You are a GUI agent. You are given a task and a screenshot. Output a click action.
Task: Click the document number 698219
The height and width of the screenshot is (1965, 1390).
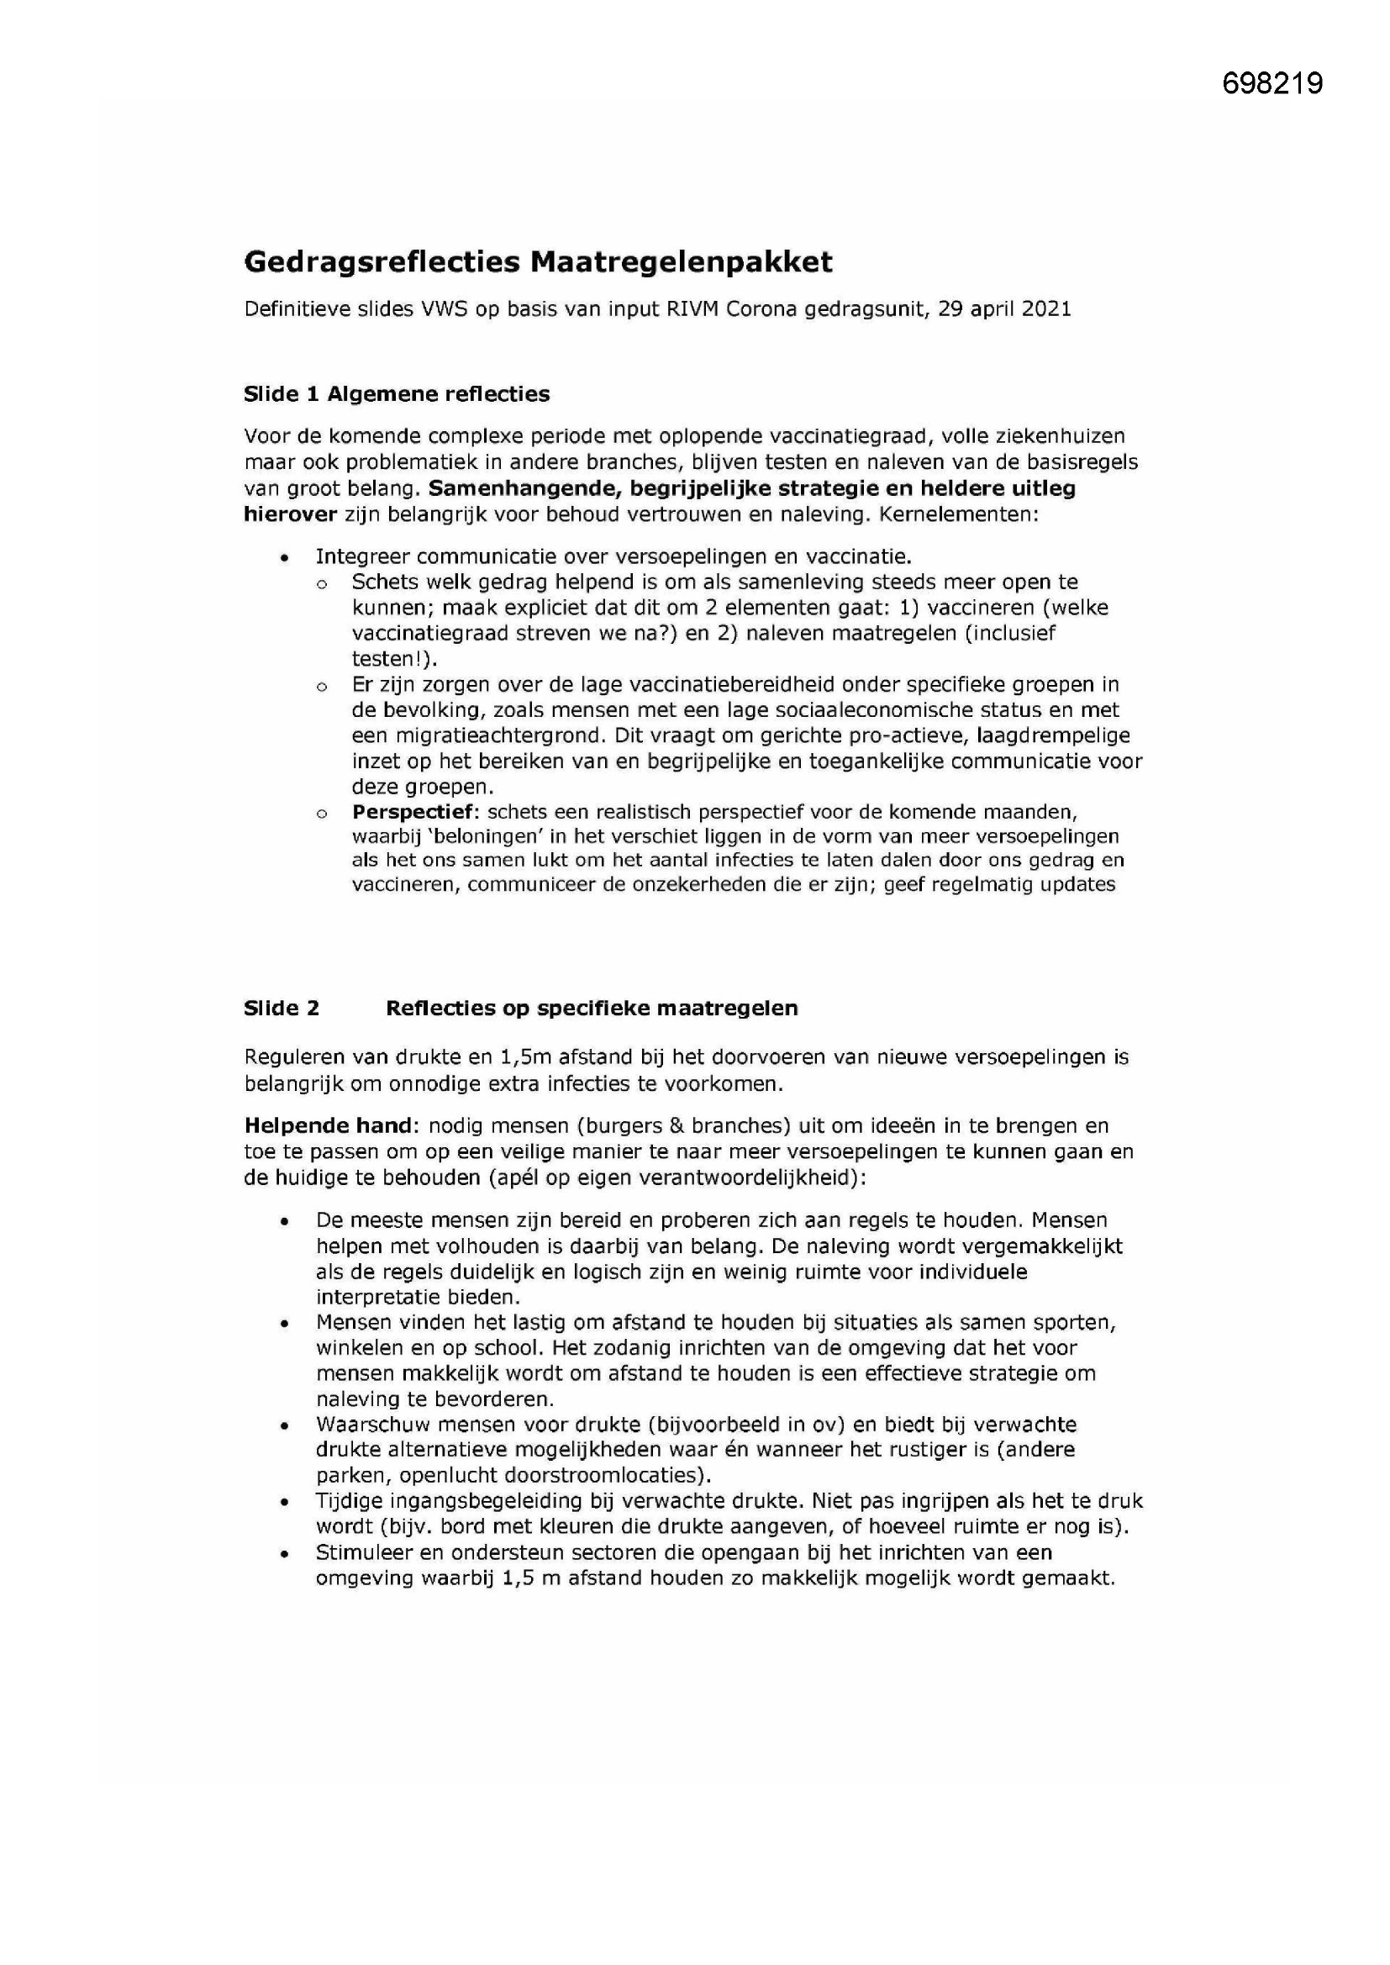coord(1272,83)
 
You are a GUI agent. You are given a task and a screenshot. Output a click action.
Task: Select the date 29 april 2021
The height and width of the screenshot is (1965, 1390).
coord(1004,309)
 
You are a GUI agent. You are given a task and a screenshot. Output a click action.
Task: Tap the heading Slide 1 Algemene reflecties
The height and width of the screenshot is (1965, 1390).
coord(397,393)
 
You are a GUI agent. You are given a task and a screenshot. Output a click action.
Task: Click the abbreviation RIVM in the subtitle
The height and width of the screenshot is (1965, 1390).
coord(694,309)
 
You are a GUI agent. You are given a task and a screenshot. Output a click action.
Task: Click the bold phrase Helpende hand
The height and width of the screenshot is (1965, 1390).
coord(329,1125)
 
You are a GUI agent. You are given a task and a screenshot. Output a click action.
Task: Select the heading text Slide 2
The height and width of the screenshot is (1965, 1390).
coord(282,1008)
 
